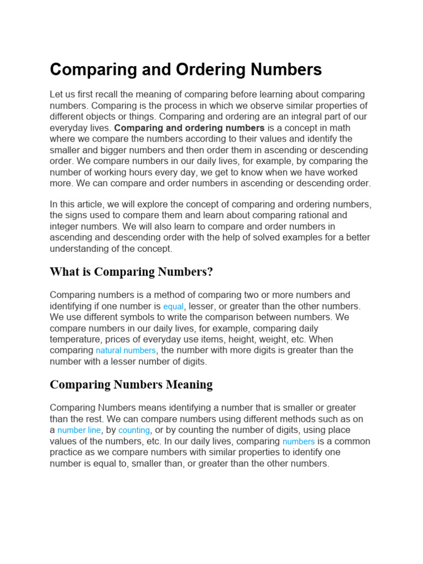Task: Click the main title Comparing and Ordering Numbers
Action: (x=186, y=70)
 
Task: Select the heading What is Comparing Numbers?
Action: (x=131, y=272)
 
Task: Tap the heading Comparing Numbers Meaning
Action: (x=131, y=384)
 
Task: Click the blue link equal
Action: (x=173, y=307)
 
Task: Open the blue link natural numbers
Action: (x=126, y=351)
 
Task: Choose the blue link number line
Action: (x=79, y=430)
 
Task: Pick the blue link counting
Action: (x=134, y=430)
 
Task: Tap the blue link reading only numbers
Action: (x=299, y=442)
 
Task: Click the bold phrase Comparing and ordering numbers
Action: (x=189, y=128)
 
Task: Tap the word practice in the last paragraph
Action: (x=67, y=452)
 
